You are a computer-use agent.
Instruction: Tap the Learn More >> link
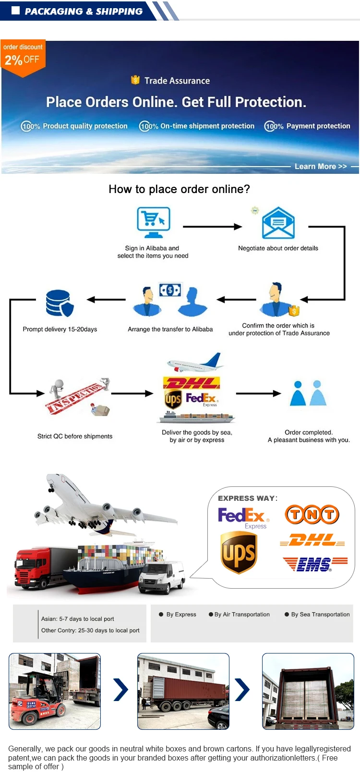[321, 167]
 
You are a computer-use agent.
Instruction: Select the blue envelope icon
[278, 223]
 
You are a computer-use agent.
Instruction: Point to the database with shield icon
[60, 303]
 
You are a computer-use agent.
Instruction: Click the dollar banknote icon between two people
[170, 290]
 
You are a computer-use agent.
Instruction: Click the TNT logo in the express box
[312, 515]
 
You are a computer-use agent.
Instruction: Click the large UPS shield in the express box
[239, 552]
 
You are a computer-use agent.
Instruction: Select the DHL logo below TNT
[312, 540]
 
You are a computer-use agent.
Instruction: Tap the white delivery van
[162, 576]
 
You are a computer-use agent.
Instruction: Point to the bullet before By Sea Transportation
[287, 615]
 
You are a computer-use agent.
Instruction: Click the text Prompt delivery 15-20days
[60, 329]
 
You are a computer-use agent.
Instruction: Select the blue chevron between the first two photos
[120, 689]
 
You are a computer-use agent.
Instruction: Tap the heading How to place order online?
[179, 189]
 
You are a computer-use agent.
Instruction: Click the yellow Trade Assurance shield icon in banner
[135, 80]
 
